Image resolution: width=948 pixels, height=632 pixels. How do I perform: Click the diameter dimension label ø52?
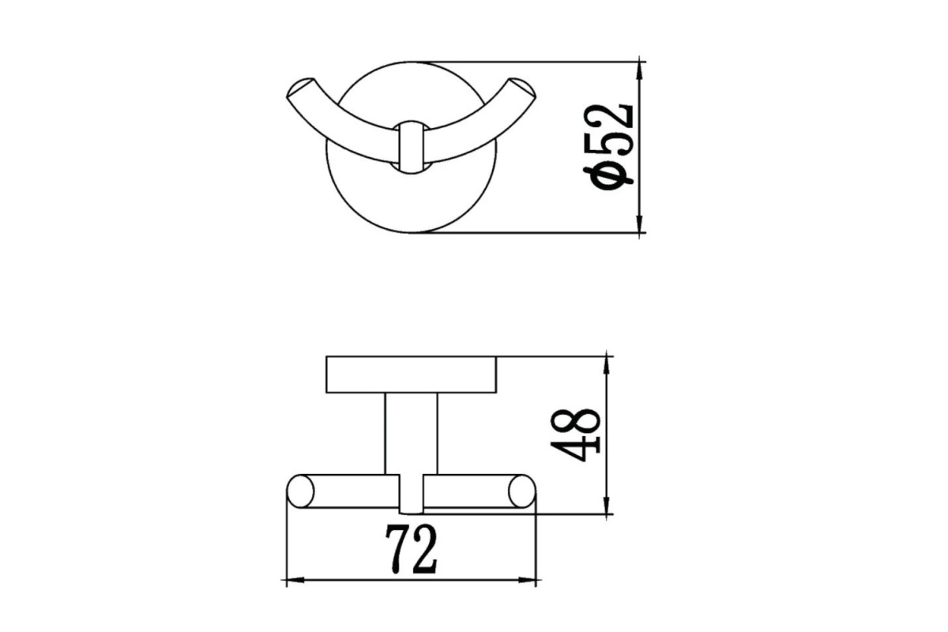pyautogui.click(x=608, y=146)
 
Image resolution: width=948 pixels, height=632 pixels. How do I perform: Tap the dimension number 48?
pyautogui.click(x=575, y=434)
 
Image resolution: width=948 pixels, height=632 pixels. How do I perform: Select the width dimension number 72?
pyautogui.click(x=411, y=549)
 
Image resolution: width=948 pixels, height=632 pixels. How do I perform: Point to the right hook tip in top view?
pyautogui.click(x=523, y=88)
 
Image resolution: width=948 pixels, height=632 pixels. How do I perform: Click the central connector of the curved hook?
pyautogui.click(x=411, y=147)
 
